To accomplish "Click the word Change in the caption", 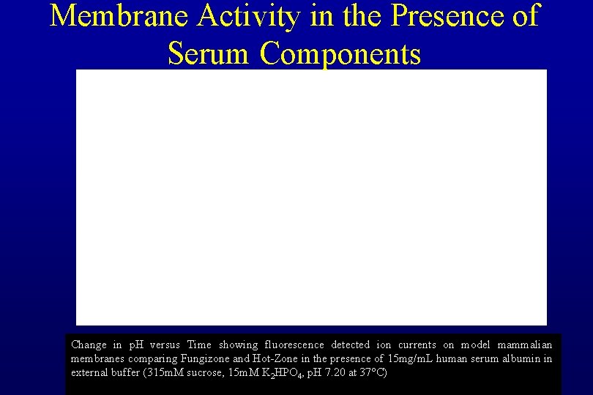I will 89,345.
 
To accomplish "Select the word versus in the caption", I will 165,345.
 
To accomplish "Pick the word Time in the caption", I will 200,345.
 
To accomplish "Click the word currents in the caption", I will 417,345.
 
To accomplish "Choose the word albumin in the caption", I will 519,358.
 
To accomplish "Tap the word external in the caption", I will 89,372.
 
